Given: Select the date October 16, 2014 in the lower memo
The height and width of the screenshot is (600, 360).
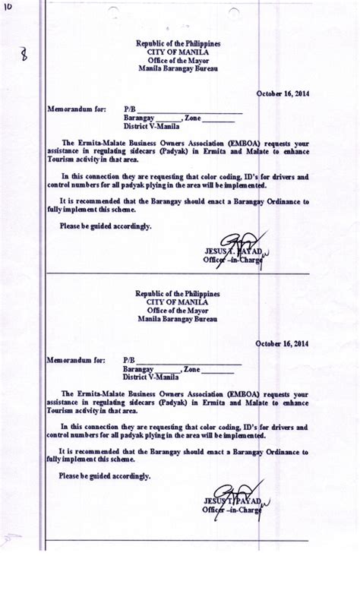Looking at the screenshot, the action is [283, 343].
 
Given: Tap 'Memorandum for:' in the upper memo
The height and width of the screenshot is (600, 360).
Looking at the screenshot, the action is [76, 109].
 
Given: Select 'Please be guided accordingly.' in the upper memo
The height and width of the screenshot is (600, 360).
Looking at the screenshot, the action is [106, 226].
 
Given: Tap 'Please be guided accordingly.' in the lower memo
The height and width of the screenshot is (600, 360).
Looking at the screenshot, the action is [106, 476].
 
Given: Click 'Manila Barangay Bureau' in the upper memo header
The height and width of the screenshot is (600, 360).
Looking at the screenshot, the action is [178, 68].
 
